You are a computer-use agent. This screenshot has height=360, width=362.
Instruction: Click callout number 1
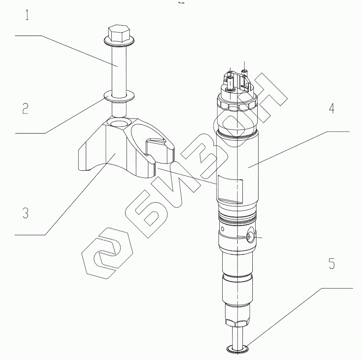coord(27,15)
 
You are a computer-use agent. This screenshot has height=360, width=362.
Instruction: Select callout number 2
coord(26,108)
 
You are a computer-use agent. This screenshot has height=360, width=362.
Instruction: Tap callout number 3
coord(26,212)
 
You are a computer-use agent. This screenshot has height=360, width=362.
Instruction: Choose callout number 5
coord(331,264)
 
